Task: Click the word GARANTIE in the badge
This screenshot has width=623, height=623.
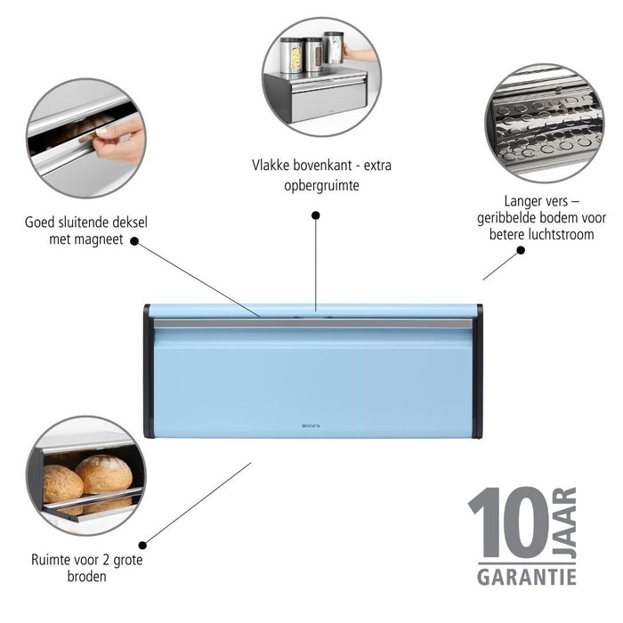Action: [x=526, y=577]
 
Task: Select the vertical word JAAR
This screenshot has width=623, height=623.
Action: [x=566, y=522]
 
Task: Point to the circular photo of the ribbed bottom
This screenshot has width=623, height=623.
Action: [x=544, y=123]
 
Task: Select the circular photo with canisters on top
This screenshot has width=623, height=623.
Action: [x=321, y=77]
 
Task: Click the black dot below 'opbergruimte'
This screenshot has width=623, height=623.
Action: [x=315, y=214]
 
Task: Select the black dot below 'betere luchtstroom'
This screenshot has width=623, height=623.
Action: [x=521, y=250]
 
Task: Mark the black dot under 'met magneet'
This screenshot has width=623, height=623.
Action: [x=134, y=240]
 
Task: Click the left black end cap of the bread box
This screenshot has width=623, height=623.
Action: [x=148, y=371]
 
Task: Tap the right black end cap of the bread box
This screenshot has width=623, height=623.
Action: [x=478, y=371]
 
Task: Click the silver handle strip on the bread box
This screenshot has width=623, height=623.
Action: [x=312, y=324]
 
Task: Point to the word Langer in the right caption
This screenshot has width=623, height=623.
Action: [x=518, y=202]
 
